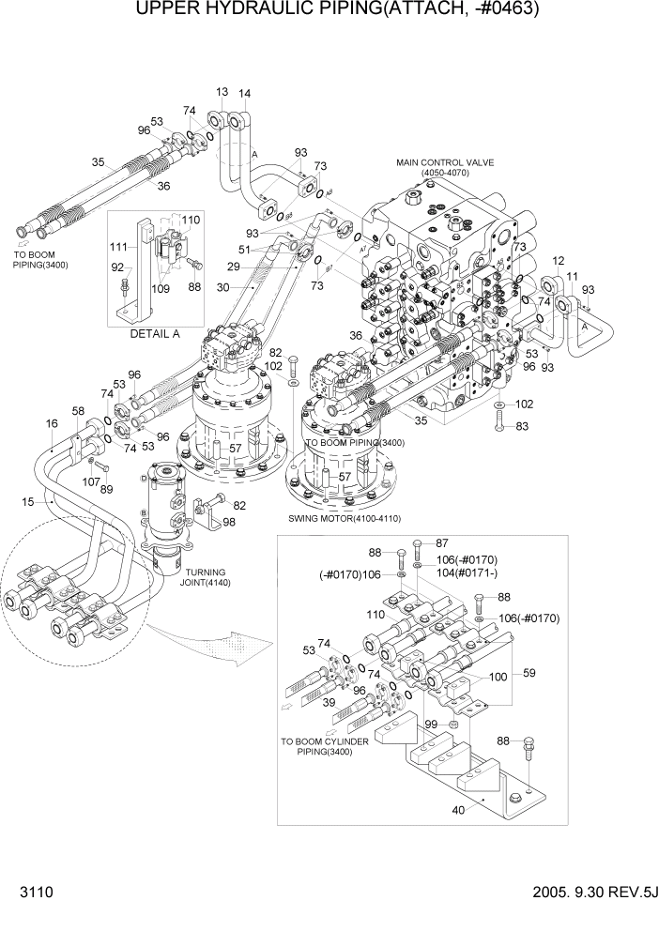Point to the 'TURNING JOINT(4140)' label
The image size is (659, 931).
pos(210,583)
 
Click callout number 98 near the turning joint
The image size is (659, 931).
pos(230,522)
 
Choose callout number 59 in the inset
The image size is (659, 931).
pos(529,672)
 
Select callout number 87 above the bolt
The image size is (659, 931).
pos(444,543)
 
